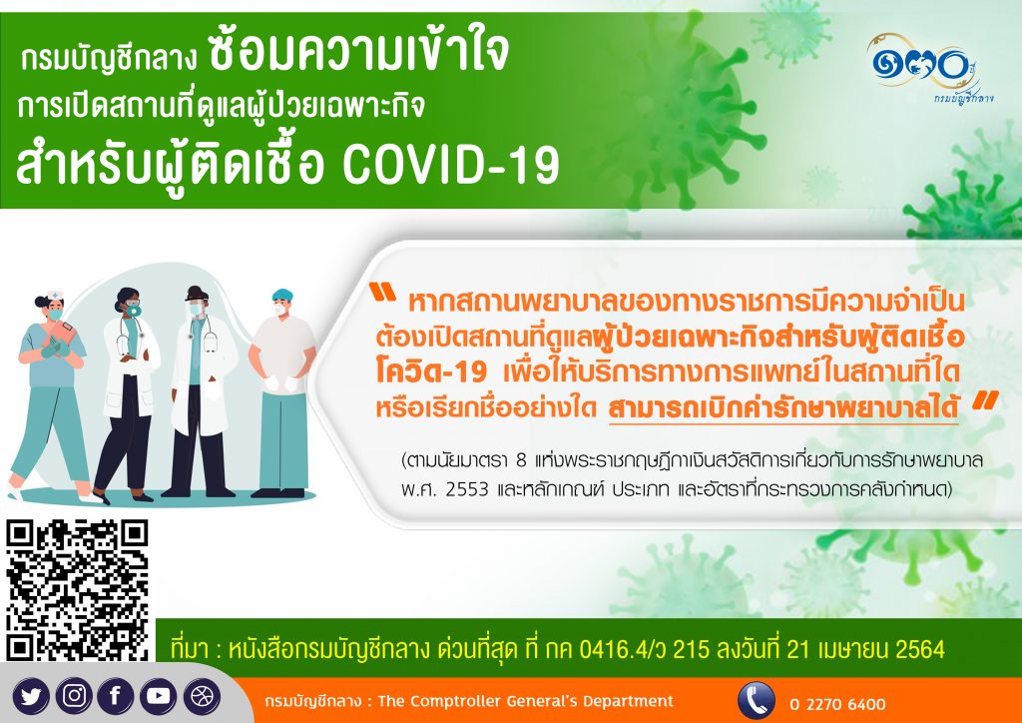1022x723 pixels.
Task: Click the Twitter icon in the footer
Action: click(x=31, y=696)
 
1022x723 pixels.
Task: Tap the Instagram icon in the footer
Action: click(x=74, y=696)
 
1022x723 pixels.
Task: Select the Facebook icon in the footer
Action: click(x=116, y=696)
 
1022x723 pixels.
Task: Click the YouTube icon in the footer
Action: click(x=159, y=696)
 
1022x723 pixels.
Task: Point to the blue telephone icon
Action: click(x=757, y=701)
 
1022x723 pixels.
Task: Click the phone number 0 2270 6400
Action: click(x=838, y=704)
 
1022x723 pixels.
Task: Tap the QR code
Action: click(x=78, y=590)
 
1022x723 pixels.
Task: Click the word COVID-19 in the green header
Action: click(x=451, y=166)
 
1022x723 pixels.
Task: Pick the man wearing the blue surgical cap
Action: click(x=282, y=392)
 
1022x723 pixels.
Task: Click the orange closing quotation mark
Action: click(x=985, y=399)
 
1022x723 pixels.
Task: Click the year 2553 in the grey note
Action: click(x=467, y=489)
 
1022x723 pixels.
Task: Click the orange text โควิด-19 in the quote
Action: click(x=431, y=372)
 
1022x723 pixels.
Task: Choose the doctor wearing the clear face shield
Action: click(x=201, y=391)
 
